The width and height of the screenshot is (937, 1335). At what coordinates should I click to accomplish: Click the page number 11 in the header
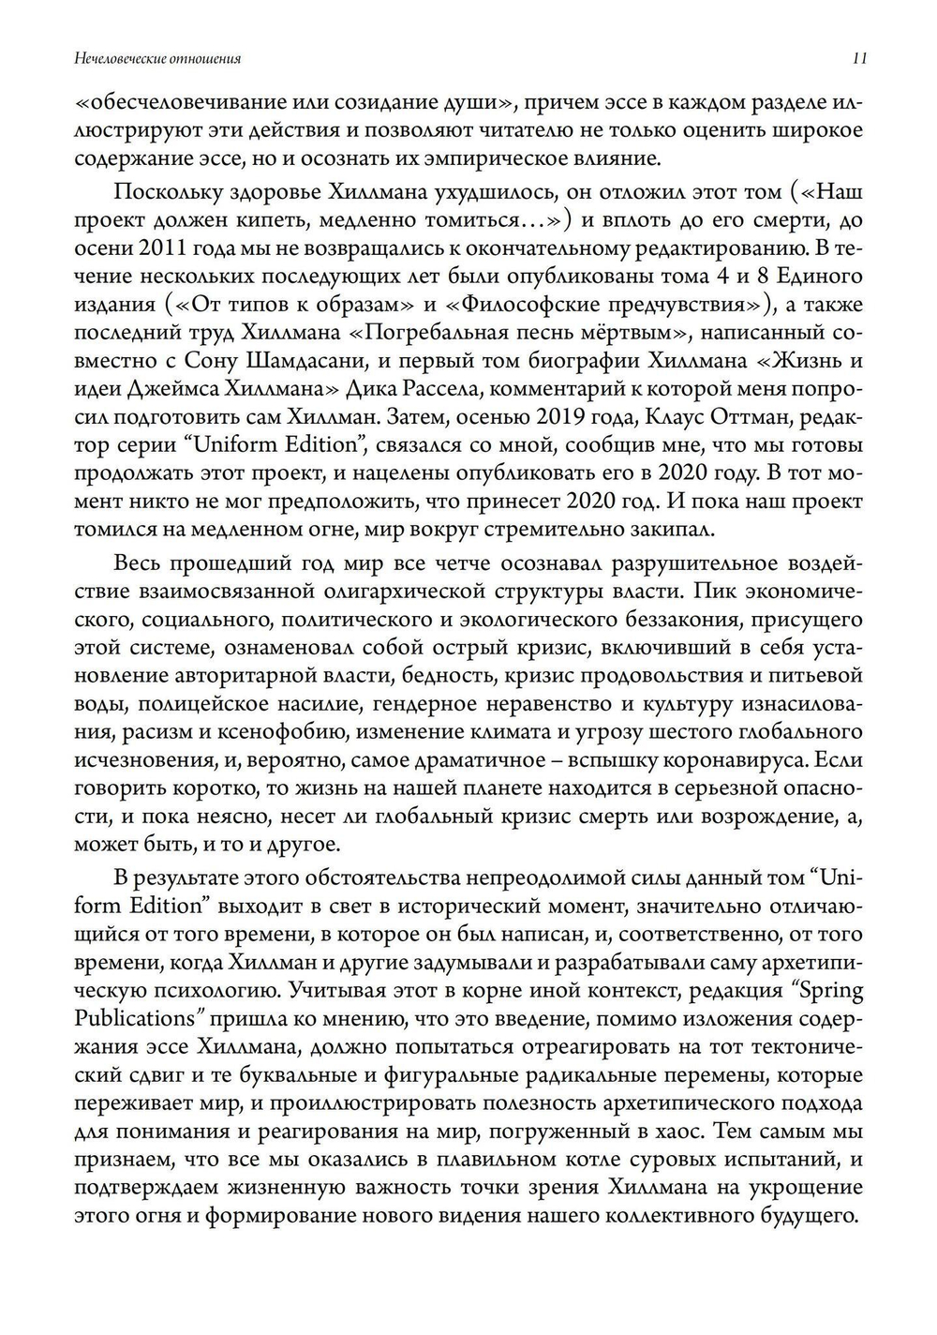point(858,58)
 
